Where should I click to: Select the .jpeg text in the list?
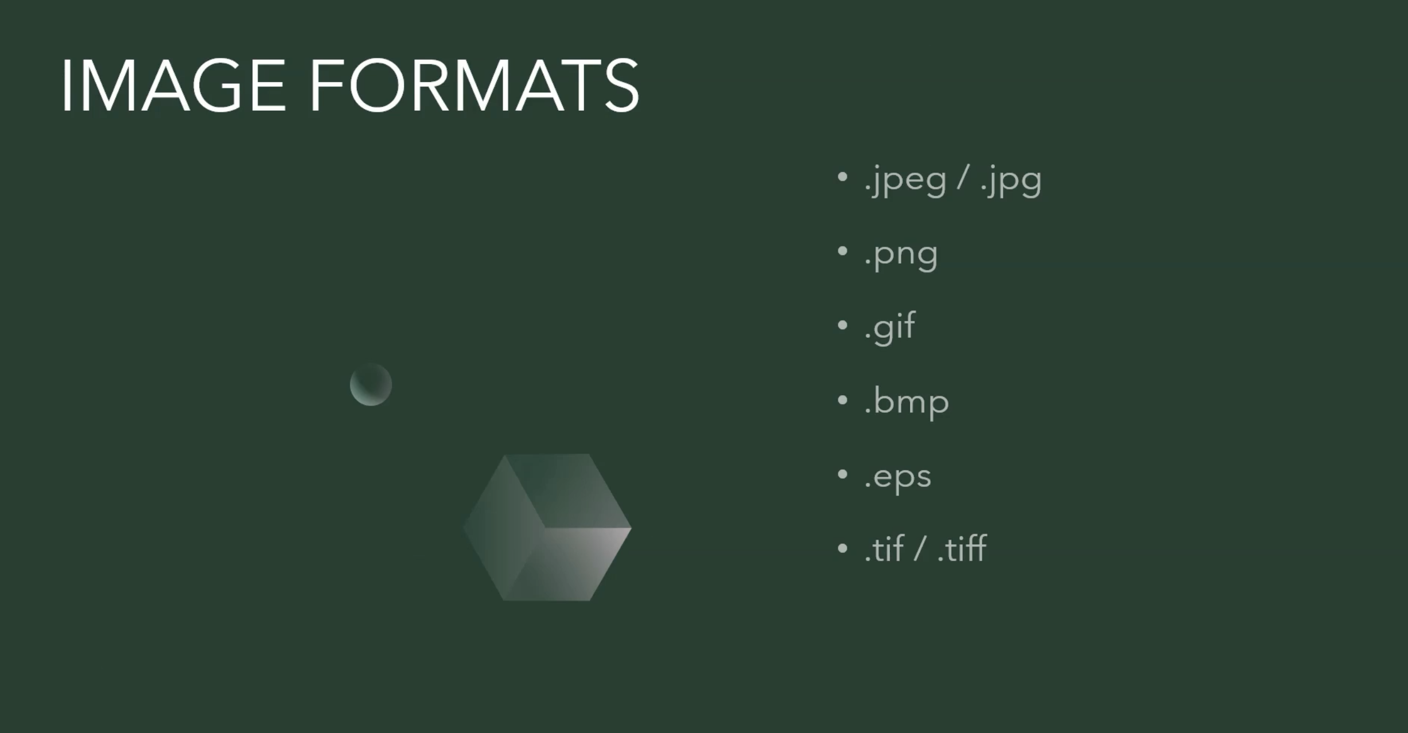(x=905, y=180)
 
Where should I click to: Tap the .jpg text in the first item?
(x=1011, y=180)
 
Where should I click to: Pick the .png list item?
(x=901, y=255)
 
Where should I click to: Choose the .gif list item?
(x=890, y=327)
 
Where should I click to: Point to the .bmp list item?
(x=907, y=402)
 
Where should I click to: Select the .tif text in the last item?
(x=884, y=549)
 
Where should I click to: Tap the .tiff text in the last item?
(x=962, y=549)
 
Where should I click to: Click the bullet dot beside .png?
(x=842, y=251)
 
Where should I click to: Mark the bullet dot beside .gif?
(x=842, y=325)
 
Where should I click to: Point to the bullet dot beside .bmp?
(x=842, y=400)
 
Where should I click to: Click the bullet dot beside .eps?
(x=842, y=474)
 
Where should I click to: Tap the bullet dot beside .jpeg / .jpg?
(x=842, y=177)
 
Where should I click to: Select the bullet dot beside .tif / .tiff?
(x=842, y=548)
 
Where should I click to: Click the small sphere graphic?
(x=371, y=384)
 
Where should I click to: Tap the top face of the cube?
(x=568, y=488)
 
